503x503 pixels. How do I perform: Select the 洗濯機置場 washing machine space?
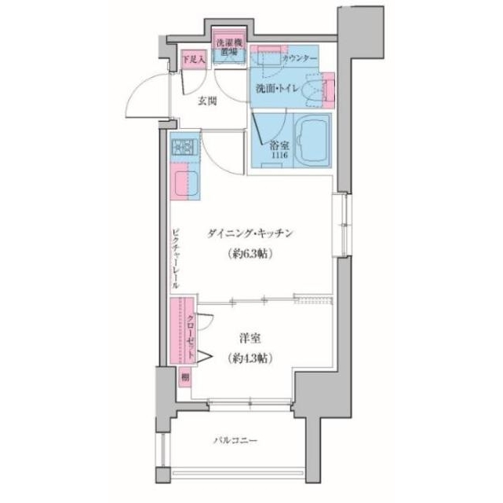(x=231, y=44)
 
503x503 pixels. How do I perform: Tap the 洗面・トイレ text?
(x=281, y=88)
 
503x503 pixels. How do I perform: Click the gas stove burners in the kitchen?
(x=184, y=146)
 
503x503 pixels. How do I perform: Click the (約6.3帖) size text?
(x=250, y=254)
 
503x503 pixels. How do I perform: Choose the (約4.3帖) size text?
(x=250, y=358)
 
